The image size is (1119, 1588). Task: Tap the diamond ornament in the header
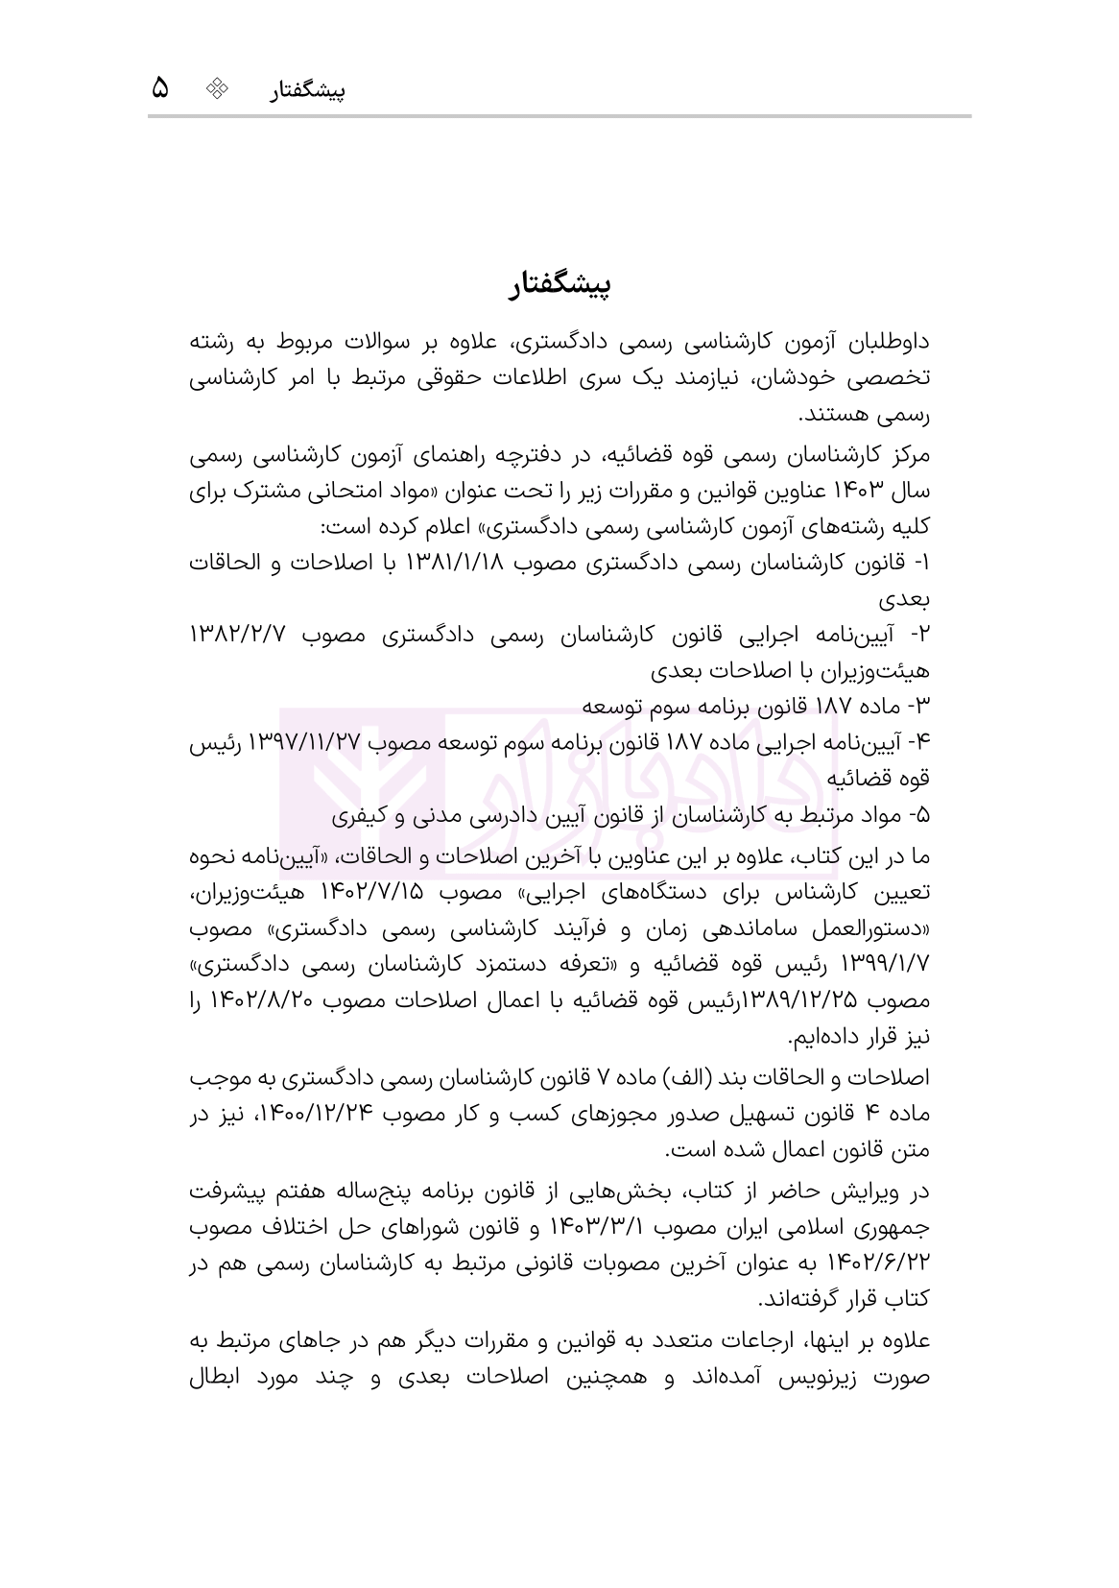point(219,89)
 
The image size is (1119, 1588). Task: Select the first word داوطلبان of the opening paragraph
point(887,342)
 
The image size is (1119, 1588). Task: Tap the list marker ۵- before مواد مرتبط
point(917,816)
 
